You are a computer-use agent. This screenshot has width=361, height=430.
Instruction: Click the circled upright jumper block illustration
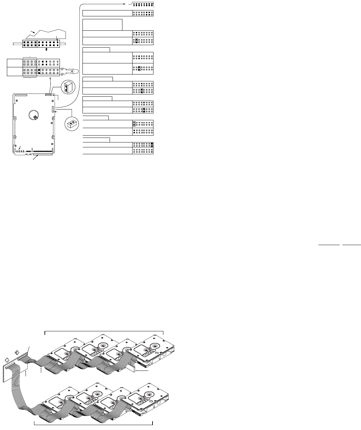pos(68,87)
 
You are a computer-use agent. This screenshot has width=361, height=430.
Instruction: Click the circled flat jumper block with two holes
pos(72,124)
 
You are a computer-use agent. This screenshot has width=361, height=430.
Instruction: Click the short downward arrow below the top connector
pos(46,50)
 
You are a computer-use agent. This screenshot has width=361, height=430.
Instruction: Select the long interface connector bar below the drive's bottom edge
pos(42,155)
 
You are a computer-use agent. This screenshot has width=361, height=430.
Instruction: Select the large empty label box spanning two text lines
pos(102,25)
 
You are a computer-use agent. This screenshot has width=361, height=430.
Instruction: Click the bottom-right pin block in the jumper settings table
pos(143,151)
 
